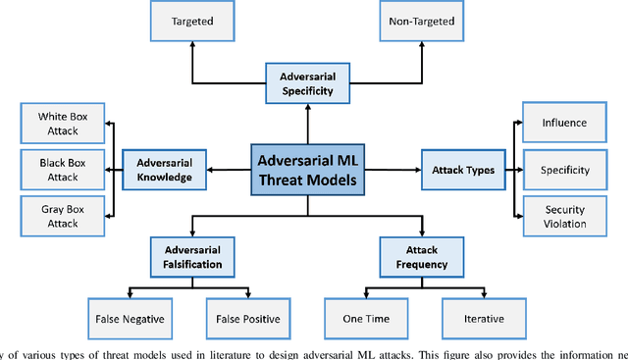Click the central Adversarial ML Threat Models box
(307, 170)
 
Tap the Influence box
(564, 124)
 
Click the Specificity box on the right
(564, 170)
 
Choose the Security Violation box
(564, 216)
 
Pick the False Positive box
(244, 319)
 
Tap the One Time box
(365, 319)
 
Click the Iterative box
(479, 319)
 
